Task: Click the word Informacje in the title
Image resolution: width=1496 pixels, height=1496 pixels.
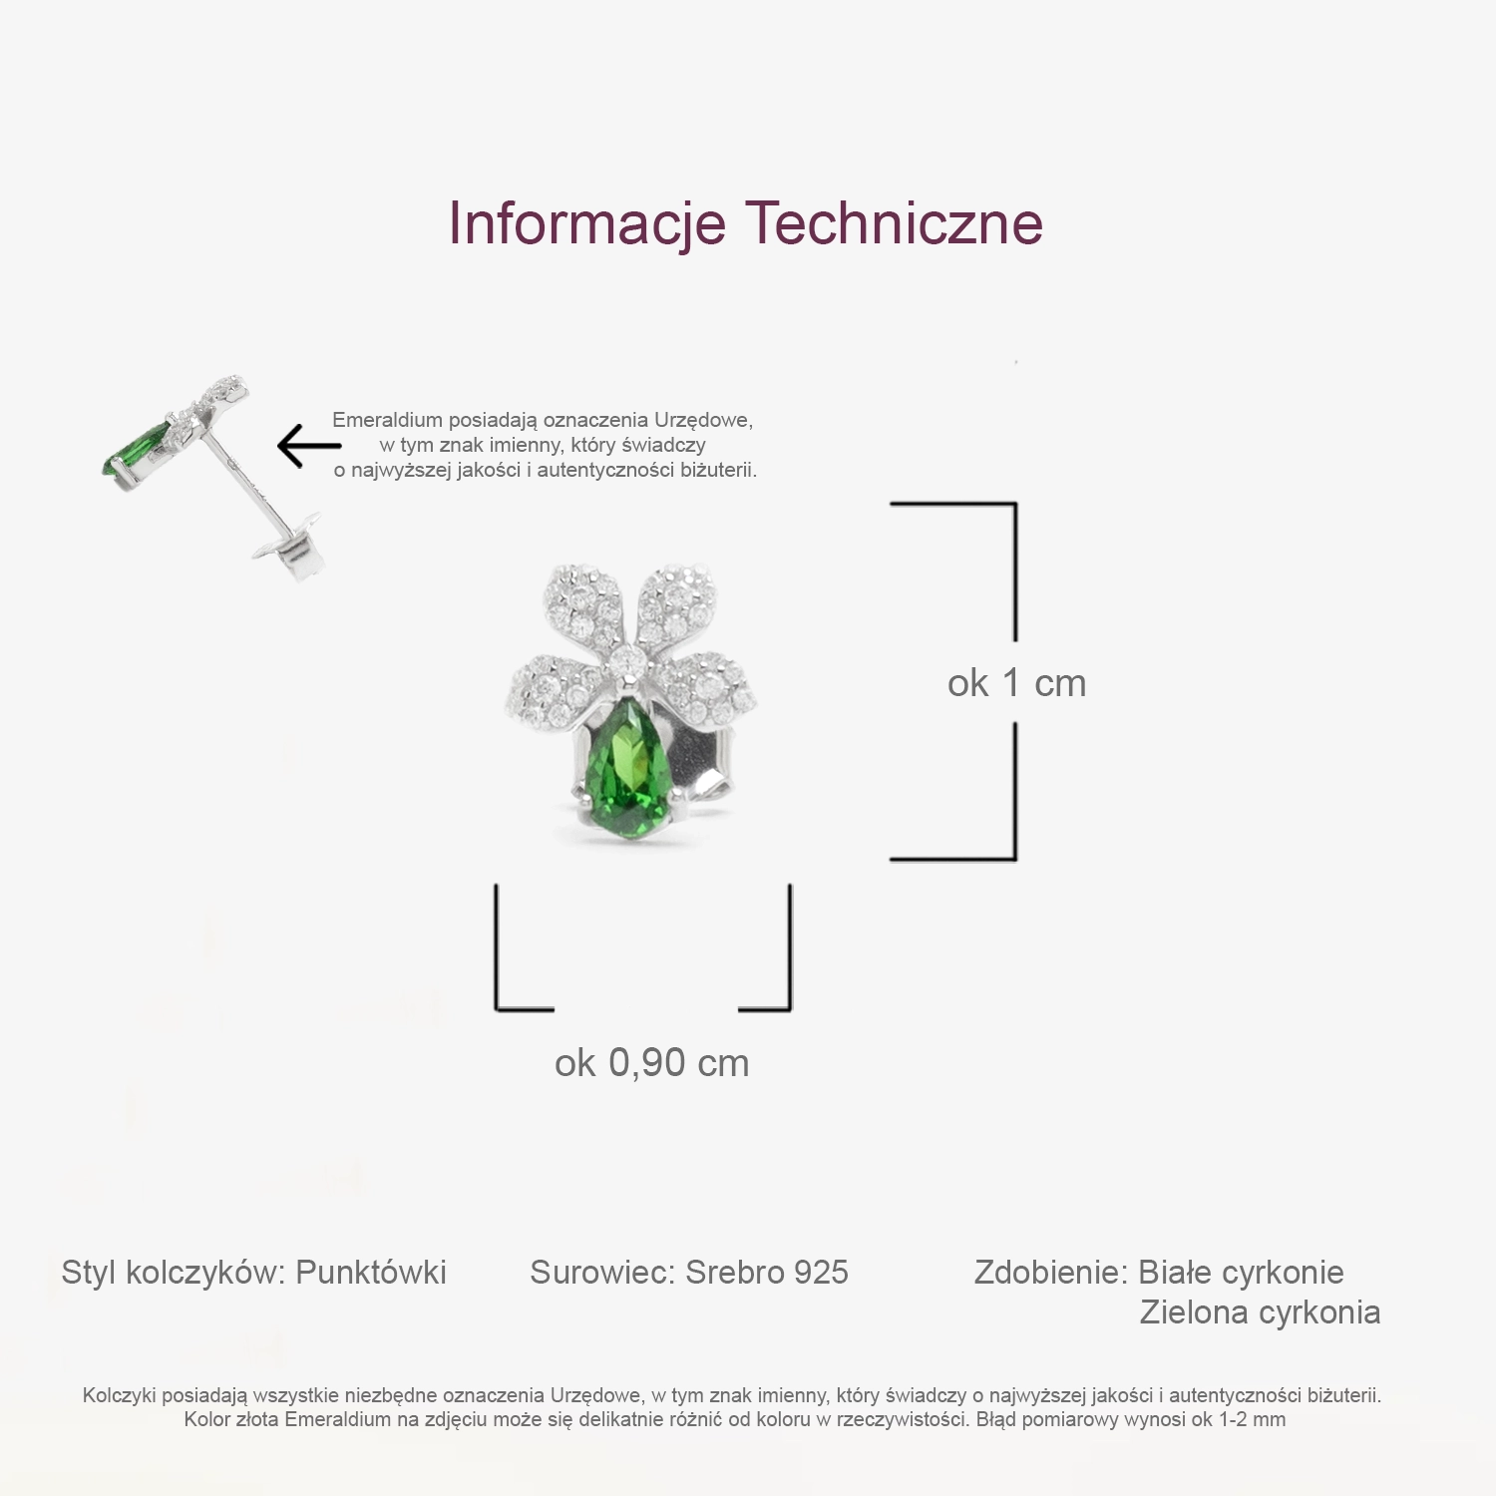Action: tap(586, 223)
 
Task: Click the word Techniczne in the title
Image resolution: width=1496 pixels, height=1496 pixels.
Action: tap(895, 222)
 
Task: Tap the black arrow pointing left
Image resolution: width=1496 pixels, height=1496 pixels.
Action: tap(309, 446)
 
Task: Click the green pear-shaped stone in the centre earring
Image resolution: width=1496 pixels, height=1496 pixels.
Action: tap(627, 767)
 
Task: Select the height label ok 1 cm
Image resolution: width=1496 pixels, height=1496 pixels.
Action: tap(1016, 683)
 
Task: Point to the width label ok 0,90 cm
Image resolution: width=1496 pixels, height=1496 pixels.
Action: tap(651, 1063)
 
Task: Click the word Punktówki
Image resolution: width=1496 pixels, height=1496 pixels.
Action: tap(371, 1273)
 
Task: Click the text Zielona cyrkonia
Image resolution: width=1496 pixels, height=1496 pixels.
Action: tap(1260, 1312)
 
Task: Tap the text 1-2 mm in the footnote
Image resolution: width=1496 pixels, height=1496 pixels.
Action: tap(1252, 1419)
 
